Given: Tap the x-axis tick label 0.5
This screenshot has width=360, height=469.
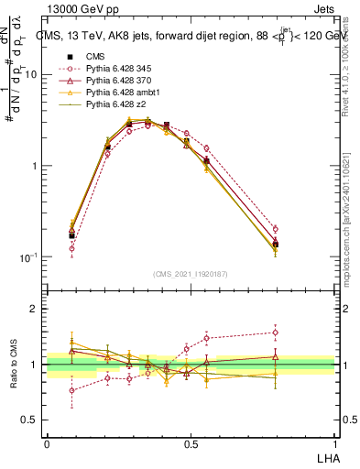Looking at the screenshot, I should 191,442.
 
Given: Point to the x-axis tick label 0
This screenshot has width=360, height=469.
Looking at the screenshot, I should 47,442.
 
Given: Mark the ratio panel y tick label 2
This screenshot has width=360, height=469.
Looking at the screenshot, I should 34,309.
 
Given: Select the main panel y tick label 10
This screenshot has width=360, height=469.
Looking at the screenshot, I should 30,75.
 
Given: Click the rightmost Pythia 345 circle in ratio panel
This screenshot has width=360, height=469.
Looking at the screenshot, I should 275,333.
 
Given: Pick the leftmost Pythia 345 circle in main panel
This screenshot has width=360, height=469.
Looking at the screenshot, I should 72,248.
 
